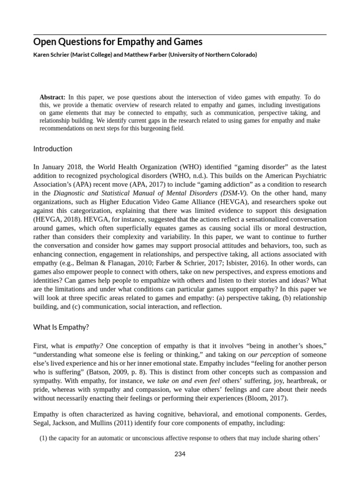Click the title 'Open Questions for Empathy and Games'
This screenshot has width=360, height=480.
coord(118,42)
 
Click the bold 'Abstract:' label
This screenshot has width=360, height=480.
coord(52,97)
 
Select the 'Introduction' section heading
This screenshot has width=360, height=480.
coord(52,149)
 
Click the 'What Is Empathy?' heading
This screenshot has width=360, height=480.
coord(60,327)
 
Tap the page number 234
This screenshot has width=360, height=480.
coord(180,454)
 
